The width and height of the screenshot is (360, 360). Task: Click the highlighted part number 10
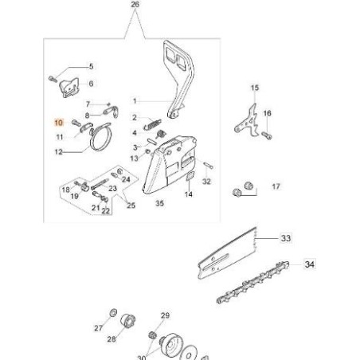tap(57, 123)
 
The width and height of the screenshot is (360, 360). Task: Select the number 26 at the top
tap(133, 6)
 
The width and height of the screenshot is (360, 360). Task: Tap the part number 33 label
tap(286, 237)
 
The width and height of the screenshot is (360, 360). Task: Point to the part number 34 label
tap(310, 264)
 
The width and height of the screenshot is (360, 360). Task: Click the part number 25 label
tap(131, 205)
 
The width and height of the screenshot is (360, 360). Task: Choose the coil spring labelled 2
tap(151, 126)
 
